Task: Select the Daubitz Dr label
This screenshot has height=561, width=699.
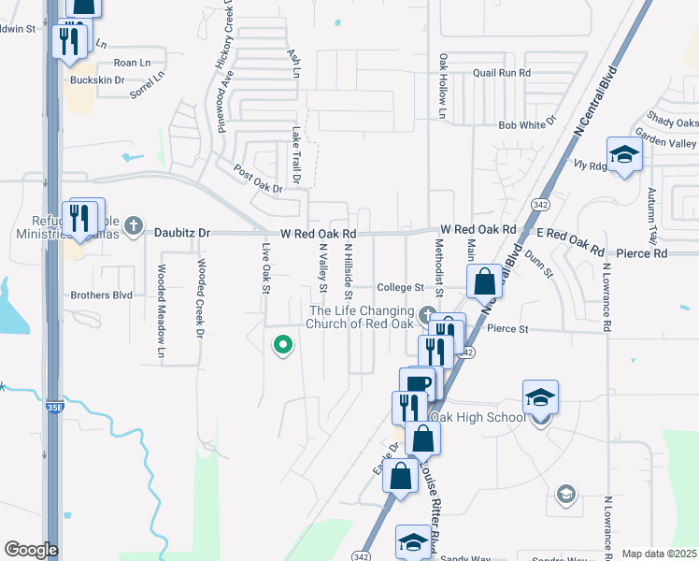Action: pyautogui.click(x=183, y=232)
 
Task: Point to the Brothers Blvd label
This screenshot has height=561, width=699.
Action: pyautogui.click(x=102, y=295)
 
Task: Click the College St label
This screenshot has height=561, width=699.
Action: pyautogui.click(x=400, y=288)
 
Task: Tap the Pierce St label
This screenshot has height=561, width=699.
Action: pyautogui.click(x=507, y=329)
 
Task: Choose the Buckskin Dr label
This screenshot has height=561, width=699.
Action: pyautogui.click(x=97, y=80)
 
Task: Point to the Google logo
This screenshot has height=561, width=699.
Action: pyautogui.click(x=31, y=550)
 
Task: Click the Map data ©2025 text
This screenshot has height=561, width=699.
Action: pyautogui.click(x=659, y=554)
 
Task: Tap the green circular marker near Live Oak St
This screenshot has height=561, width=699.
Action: pyautogui.click(x=281, y=345)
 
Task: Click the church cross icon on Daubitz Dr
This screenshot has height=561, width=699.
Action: pyautogui.click(x=134, y=225)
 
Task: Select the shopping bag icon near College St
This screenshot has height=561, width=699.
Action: pyautogui.click(x=485, y=280)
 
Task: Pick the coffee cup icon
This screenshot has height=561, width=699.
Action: pyautogui.click(x=418, y=383)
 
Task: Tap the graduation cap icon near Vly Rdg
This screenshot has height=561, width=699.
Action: pyautogui.click(x=623, y=154)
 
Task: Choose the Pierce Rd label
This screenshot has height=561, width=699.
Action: pyautogui.click(x=641, y=253)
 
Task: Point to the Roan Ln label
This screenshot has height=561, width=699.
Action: pyautogui.click(x=132, y=63)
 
